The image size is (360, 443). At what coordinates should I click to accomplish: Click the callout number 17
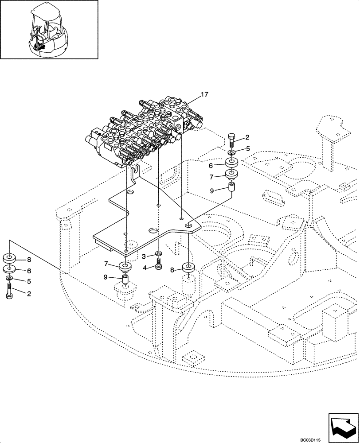pyautogui.click(x=204, y=94)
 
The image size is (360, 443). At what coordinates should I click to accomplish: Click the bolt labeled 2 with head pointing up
pyautogui.click(x=232, y=138)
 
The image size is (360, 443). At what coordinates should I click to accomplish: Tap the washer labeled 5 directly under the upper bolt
pyautogui.click(x=232, y=153)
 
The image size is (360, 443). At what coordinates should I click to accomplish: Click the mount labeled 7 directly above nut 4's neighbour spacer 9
pyautogui.click(x=126, y=267)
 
